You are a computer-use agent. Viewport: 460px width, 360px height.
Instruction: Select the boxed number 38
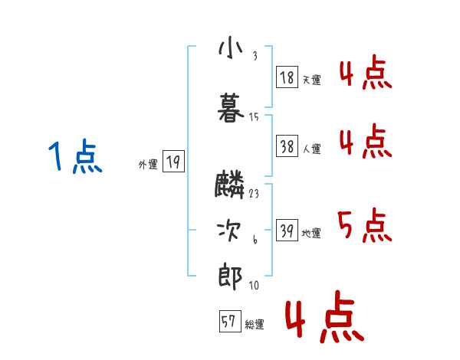pos(287,148)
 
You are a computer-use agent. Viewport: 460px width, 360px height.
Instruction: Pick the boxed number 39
pos(287,231)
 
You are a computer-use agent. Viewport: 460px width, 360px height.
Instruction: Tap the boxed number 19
pos(173,162)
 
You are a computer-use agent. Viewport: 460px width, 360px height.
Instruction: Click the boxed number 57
pos(228,322)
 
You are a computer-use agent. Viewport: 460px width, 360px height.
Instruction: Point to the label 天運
pos(312,79)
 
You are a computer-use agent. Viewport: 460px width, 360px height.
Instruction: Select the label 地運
pos(312,233)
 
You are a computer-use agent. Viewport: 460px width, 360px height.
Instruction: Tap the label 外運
pos(148,163)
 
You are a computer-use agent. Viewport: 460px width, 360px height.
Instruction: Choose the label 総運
pos(254,325)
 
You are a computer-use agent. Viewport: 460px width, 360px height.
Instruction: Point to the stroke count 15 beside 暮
pos(254,117)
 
